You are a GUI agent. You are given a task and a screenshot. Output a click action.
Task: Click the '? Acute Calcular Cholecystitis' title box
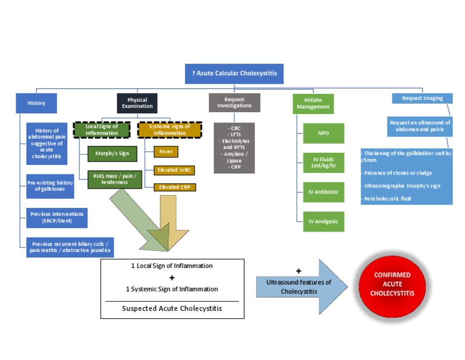[x=234, y=73]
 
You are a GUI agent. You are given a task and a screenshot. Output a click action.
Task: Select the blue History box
[x=36, y=103]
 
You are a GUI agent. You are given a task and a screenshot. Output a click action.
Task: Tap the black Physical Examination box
[x=137, y=102]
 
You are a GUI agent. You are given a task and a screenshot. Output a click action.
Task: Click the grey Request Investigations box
[x=234, y=102]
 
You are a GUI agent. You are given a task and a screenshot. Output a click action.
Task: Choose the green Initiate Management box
[x=313, y=103]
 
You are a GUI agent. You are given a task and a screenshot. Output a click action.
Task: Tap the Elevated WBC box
[x=174, y=170]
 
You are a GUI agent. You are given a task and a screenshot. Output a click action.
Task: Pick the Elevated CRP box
[x=174, y=187]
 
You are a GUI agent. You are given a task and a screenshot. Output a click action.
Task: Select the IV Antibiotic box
[x=323, y=192]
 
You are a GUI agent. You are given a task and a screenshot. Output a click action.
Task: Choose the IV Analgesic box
[x=323, y=221]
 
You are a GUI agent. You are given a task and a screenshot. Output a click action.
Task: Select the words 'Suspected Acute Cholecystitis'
[x=172, y=308]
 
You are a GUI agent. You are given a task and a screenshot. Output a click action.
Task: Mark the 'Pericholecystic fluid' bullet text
[x=387, y=198]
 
